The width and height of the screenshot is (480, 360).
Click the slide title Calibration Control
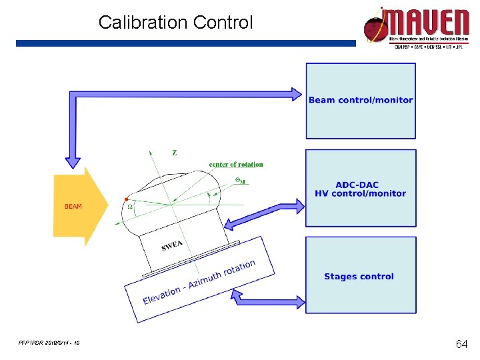coord(176,23)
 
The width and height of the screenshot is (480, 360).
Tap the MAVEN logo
coord(416,28)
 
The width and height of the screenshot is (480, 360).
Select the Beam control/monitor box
coord(361,101)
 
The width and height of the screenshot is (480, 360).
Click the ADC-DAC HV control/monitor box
coord(361,189)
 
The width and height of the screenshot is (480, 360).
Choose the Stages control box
coord(361,276)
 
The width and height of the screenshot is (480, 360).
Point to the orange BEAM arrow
coord(79,207)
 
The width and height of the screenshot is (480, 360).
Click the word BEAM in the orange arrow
coord(73,207)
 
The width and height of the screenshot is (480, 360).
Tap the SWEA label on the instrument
coord(171,246)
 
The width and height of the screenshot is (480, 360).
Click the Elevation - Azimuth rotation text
coord(199,283)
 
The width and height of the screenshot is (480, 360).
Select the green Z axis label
coord(175,153)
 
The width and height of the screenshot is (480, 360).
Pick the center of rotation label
coord(236,165)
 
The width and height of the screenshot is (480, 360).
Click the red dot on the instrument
coord(127,199)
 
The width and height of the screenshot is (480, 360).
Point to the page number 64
coord(461,344)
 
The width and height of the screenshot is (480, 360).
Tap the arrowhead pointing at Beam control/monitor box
coord(296,94)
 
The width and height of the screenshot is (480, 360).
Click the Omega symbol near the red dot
coord(130,207)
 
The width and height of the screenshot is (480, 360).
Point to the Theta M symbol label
coord(240,181)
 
